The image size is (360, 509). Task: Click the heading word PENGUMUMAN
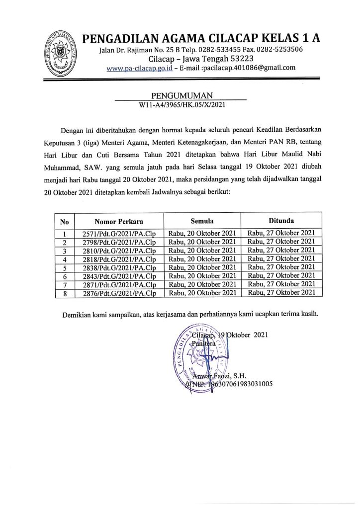(180, 94)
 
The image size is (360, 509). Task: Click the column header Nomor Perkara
(118, 221)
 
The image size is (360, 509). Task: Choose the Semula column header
(202, 220)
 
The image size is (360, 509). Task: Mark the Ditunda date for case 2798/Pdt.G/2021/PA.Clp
(281, 242)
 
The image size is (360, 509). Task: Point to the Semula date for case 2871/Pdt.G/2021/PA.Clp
(202, 285)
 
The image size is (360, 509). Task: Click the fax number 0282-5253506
(279, 50)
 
